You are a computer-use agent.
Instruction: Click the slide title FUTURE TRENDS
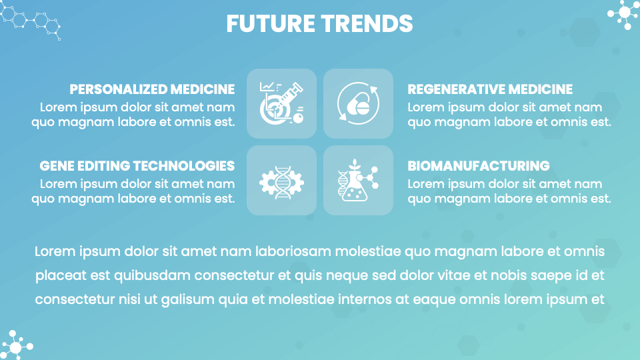point(319,23)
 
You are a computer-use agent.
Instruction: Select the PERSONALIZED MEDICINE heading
point(152,89)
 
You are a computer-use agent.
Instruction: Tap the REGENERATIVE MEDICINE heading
point(490,89)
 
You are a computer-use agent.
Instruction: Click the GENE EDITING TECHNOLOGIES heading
point(137,166)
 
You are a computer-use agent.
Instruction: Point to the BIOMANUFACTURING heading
point(479,166)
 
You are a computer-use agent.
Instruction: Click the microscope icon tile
point(281,103)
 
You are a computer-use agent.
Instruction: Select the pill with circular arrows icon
point(358,103)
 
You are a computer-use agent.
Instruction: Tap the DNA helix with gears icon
point(281,180)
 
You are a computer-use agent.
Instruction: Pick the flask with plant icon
point(358,180)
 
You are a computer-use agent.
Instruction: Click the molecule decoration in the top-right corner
point(623,14)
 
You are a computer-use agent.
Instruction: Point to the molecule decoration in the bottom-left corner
point(16,345)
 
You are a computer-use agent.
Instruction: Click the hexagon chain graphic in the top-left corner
point(32,20)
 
